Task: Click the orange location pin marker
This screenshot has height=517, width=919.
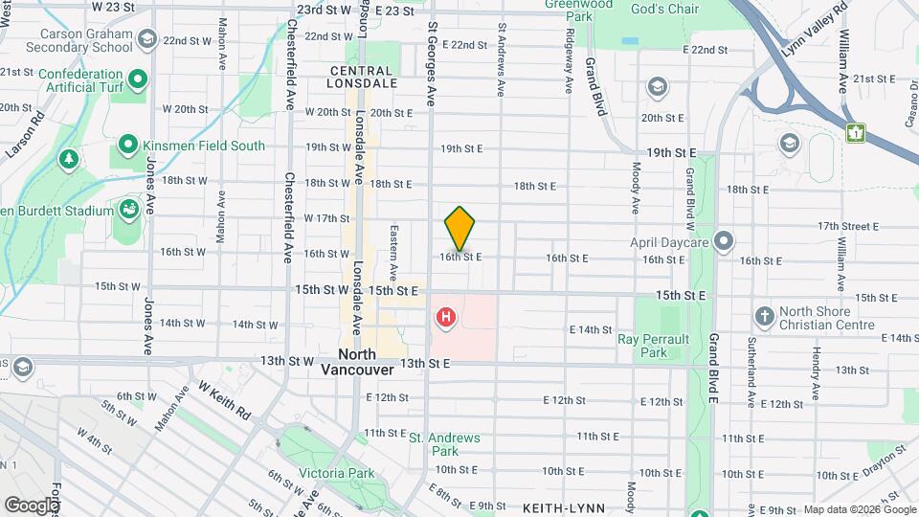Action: (459, 229)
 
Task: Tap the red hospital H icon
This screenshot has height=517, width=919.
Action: (445, 317)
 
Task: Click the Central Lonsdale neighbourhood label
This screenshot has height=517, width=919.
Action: (362, 77)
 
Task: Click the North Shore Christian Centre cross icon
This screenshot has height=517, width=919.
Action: (764, 315)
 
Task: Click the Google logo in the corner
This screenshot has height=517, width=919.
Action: (32, 505)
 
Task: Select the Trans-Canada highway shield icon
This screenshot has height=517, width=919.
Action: (855, 133)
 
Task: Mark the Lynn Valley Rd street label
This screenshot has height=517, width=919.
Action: (815, 33)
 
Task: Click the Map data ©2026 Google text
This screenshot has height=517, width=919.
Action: (859, 509)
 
